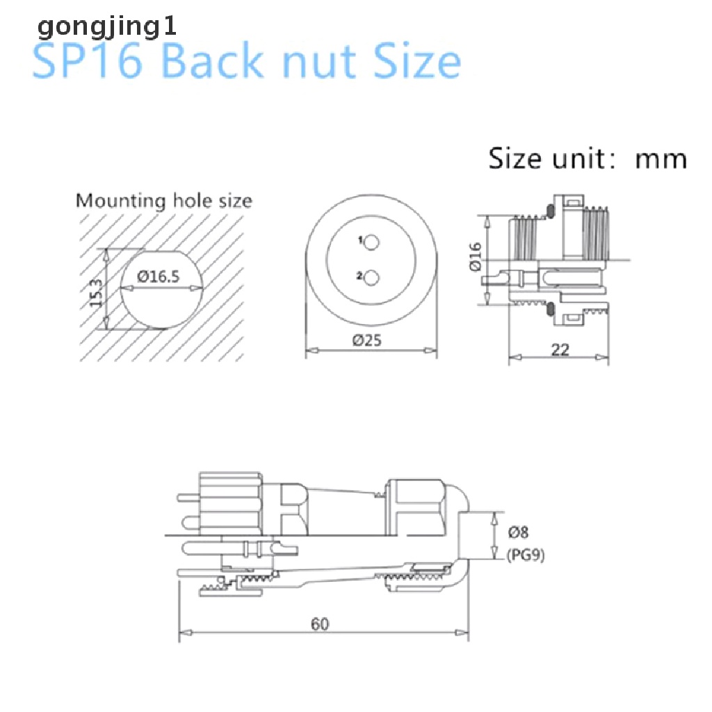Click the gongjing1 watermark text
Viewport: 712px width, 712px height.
pos(107,28)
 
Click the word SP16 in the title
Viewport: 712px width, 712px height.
pos(88,62)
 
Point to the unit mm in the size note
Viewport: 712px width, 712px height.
pos(661,159)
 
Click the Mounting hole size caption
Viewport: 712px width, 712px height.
pos(164,202)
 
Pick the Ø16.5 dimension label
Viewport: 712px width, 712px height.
pos(159,276)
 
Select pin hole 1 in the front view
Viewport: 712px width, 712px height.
pos(372,242)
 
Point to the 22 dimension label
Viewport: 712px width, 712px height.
pos(560,349)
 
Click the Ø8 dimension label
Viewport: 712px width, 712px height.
pos(519,533)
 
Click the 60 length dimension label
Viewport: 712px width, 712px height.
pos(320,624)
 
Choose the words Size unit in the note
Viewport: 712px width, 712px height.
pos(541,159)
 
